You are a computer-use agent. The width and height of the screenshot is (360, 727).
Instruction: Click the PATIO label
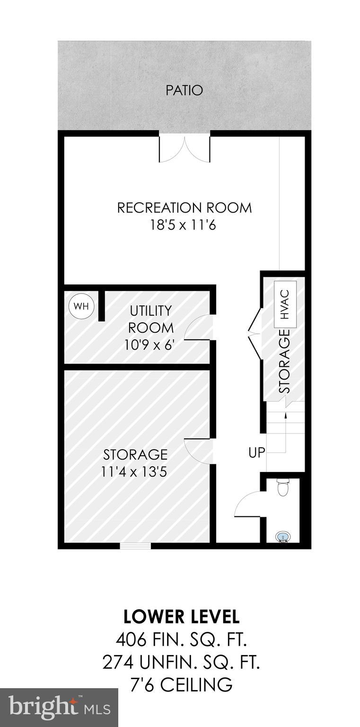184,90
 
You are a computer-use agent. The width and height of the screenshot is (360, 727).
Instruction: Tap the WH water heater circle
82,306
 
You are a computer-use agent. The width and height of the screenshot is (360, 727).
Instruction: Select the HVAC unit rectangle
285,304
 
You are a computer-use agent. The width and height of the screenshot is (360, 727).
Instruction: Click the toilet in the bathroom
283,488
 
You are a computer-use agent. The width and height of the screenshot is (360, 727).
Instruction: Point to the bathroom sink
283,537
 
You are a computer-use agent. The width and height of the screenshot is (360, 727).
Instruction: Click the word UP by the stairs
257,452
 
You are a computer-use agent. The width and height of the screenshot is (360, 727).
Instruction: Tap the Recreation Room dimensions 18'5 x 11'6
183,225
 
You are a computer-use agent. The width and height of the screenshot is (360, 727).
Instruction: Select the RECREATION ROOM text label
184,208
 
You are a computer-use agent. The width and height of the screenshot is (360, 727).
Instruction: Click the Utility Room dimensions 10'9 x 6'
150,345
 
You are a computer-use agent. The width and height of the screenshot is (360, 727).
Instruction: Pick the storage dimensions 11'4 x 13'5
135,471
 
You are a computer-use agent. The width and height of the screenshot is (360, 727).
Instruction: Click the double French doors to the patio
184,149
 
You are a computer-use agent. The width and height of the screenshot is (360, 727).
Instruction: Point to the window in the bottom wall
135,546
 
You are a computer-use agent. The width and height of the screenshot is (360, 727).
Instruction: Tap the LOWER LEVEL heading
181,616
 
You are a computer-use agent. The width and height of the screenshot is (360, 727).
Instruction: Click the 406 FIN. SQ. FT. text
181,640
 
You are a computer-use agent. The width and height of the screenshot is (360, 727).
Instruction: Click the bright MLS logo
59,708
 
